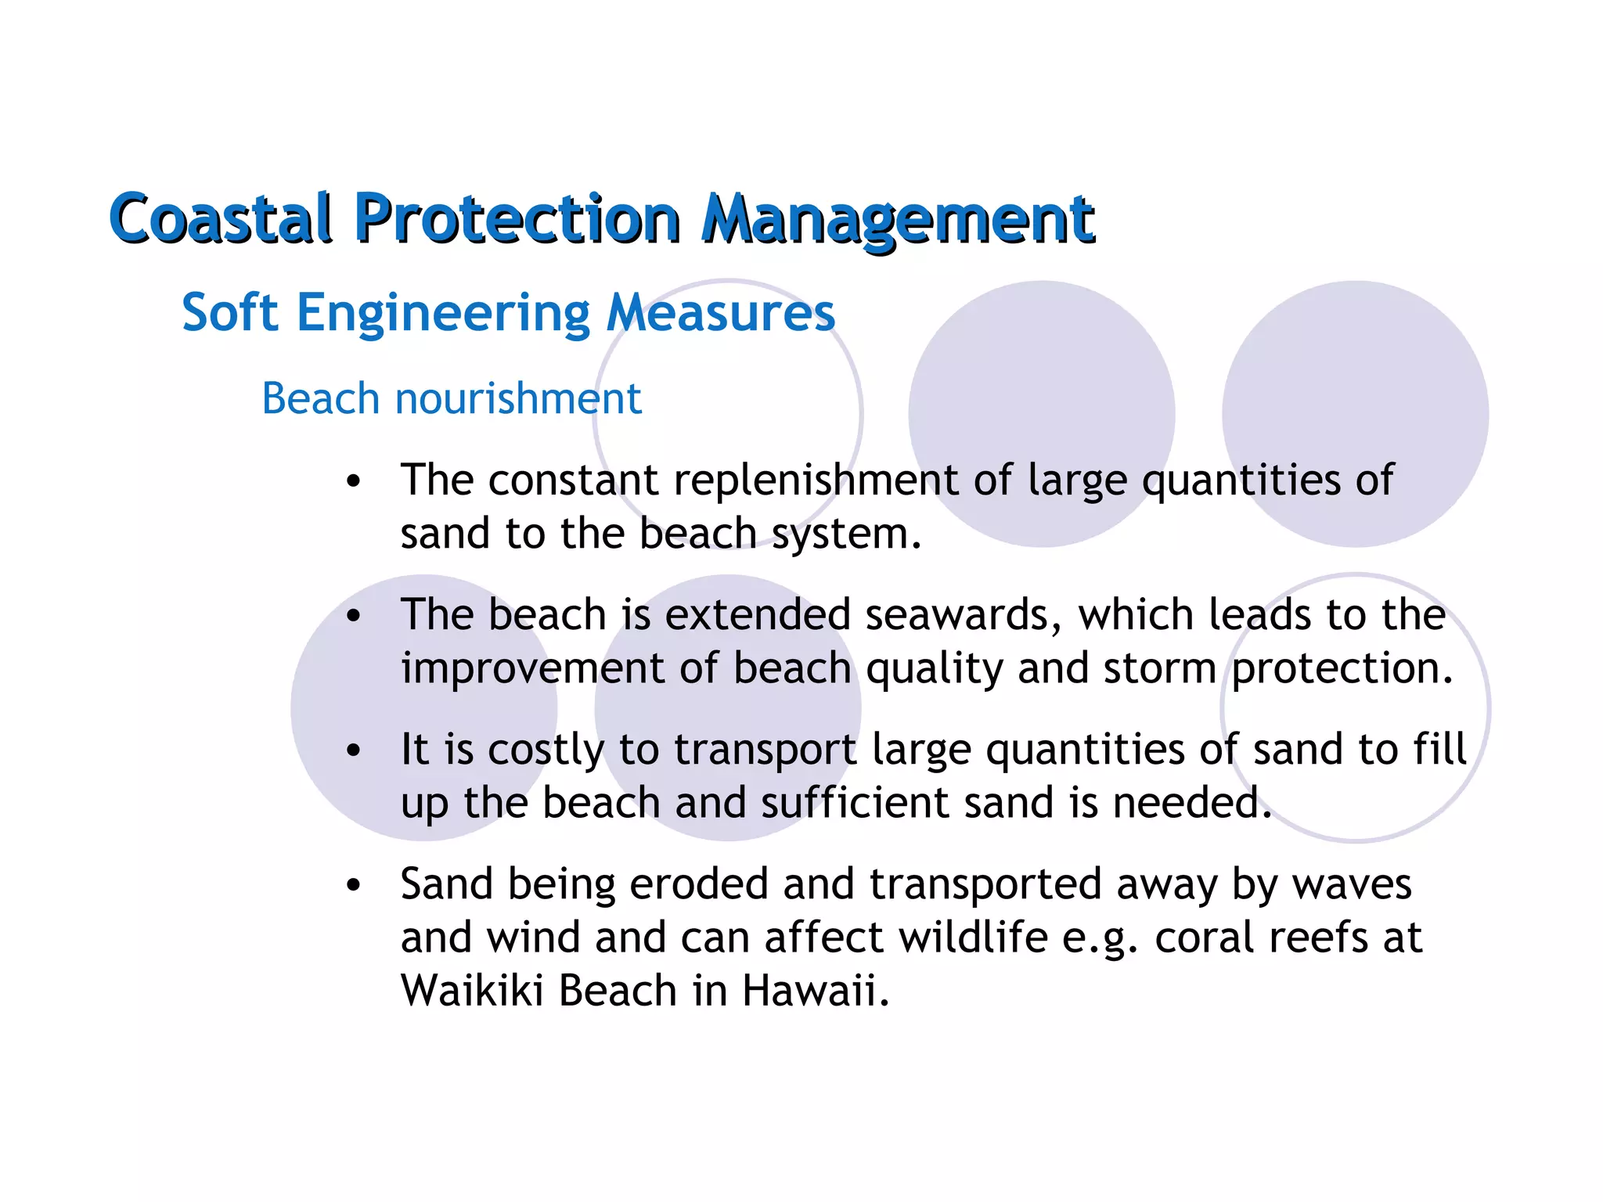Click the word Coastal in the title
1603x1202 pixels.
[x=222, y=218]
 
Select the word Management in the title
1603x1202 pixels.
[x=898, y=218]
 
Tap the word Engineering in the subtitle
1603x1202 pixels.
[x=442, y=313]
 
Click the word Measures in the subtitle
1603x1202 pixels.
[x=720, y=313]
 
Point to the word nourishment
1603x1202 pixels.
[x=518, y=398]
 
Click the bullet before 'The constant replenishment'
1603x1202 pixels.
[x=354, y=480]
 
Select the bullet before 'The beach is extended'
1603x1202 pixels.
[x=354, y=616]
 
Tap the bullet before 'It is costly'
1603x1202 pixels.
[x=354, y=750]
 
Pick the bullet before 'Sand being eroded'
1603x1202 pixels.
[x=354, y=885]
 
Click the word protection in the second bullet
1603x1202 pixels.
[x=1342, y=668]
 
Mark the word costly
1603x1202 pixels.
[x=546, y=750]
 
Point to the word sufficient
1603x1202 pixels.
[x=854, y=803]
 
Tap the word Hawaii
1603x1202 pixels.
[x=816, y=991]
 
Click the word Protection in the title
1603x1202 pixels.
[x=517, y=218]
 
